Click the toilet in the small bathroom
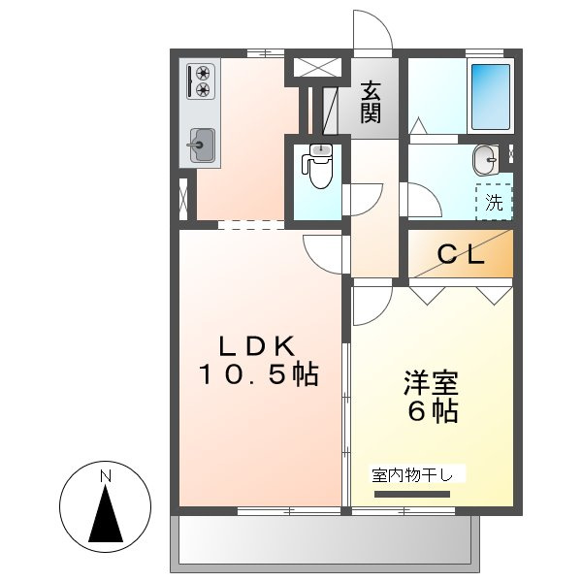[x=317, y=171]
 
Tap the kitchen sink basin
[x=202, y=146]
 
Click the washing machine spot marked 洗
[x=494, y=202]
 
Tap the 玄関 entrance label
[x=371, y=103]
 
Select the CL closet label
[x=460, y=255]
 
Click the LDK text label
[x=260, y=345]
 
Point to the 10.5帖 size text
[x=259, y=375]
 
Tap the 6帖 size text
[x=432, y=411]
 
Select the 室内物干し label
[x=418, y=475]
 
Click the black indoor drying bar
[x=413, y=493]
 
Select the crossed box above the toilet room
[x=318, y=68]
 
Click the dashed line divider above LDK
[x=251, y=226]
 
